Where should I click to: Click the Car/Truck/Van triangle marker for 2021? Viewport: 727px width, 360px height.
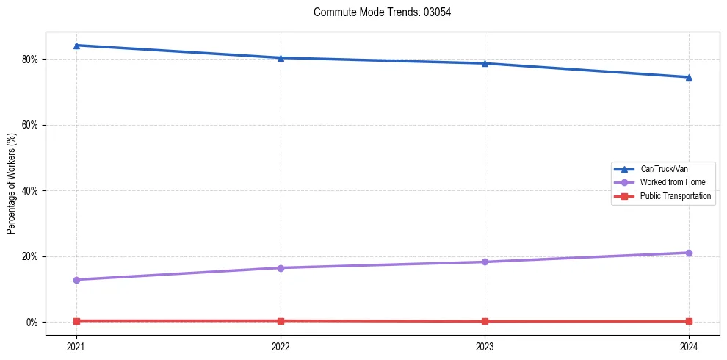(x=76, y=46)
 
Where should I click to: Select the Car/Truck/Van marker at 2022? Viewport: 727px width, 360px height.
(x=281, y=58)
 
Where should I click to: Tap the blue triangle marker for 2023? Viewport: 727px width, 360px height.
(x=485, y=63)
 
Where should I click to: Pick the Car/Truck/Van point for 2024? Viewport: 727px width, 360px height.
(x=689, y=77)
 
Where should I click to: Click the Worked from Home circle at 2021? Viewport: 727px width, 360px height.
(x=76, y=280)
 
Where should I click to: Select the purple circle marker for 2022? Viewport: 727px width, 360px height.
(x=281, y=267)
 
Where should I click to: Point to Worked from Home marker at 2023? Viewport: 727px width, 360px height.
(x=485, y=262)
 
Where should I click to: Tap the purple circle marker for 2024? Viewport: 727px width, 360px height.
(x=689, y=253)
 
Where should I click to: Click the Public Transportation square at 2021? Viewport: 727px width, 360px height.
(x=76, y=321)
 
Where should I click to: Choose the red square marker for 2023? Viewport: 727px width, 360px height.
(x=485, y=321)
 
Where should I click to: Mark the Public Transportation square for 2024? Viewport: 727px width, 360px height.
(x=689, y=321)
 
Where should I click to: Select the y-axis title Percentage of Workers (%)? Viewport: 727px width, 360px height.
(x=12, y=183)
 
